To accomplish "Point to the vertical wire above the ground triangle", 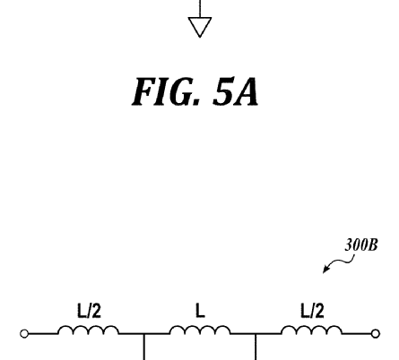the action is pos(200,9).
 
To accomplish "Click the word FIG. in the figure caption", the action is pos(165,91).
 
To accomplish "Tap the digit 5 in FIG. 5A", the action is pos(222,91).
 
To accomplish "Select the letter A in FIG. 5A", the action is pos(246,91).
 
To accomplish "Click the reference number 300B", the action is pos(361,245).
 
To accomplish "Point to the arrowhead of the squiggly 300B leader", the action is pos(325,270).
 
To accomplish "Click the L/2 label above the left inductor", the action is pos(90,311).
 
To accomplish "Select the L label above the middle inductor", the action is pos(200,311).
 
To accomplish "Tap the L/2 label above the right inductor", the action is pos(312,311).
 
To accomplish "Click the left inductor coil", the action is pos(89,330).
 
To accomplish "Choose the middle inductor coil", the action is pos(200,330).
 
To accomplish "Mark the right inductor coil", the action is pos(311,330).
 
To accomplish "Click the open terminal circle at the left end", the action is pos(24,333).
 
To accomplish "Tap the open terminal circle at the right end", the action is pos(376,333).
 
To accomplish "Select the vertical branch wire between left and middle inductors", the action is pos(144,347).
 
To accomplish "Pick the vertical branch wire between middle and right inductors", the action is pos(256,347).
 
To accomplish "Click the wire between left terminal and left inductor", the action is pos(43,333).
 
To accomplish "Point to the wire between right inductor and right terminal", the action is pos(357,333).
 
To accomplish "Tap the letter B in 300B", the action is pos(373,245).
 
